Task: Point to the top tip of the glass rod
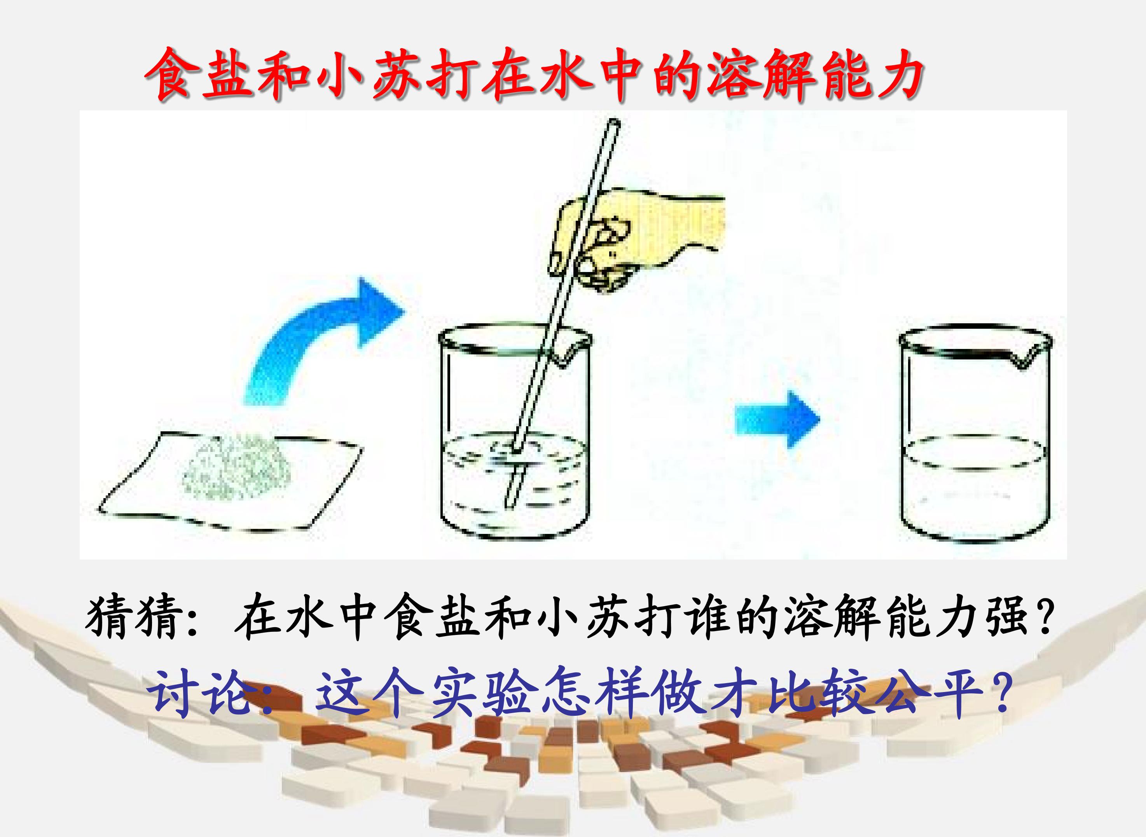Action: pos(614,123)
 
